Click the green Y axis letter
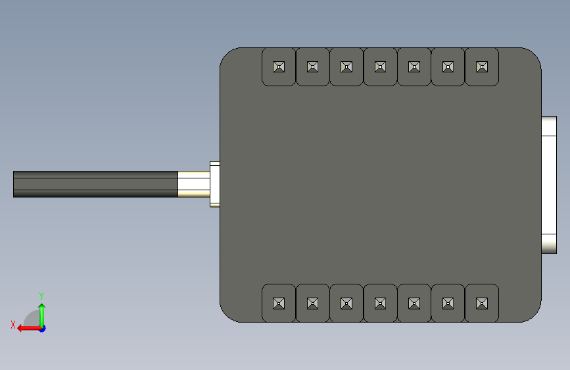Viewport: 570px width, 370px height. (x=41, y=296)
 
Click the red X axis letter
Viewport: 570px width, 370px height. (x=13, y=325)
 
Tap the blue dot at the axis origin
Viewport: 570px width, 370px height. (x=42, y=329)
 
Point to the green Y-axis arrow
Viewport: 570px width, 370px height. (x=42, y=315)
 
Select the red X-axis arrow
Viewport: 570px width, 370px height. (x=29, y=329)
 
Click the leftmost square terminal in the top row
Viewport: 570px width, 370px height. (x=279, y=66)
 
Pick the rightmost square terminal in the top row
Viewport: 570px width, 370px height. (x=482, y=66)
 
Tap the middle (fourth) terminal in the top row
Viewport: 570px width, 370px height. (x=380, y=66)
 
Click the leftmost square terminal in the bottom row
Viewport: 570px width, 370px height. (x=279, y=303)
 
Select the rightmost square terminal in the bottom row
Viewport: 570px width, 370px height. (x=482, y=303)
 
